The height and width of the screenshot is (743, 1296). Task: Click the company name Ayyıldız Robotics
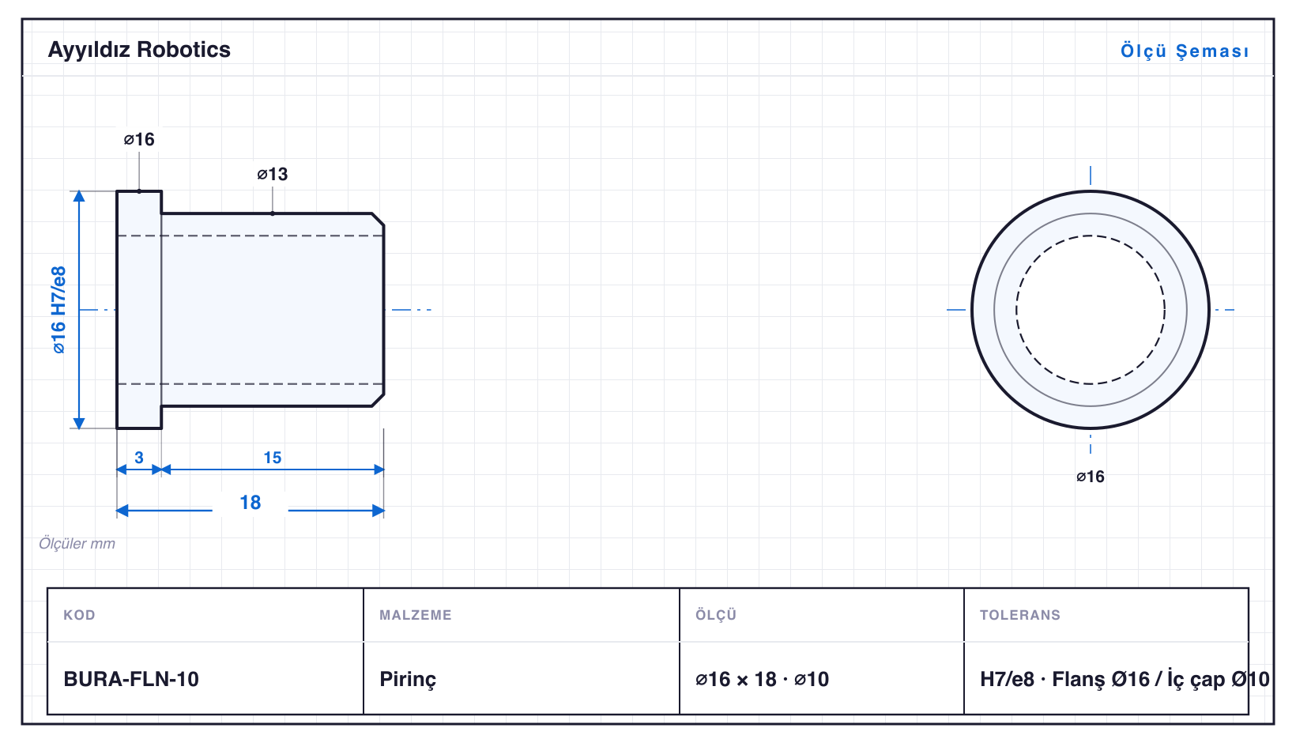pyautogui.click(x=139, y=51)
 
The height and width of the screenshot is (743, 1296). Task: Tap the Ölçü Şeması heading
pyautogui.click(x=1185, y=51)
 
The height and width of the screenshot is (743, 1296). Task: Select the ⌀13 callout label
pyautogui.click(x=273, y=174)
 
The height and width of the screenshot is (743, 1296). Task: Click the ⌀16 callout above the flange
pyautogui.click(x=139, y=139)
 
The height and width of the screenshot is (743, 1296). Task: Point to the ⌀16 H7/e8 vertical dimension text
pyautogui.click(x=58, y=310)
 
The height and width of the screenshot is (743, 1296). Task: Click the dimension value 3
pyautogui.click(x=139, y=458)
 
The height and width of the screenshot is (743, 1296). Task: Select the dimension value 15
pyautogui.click(x=273, y=458)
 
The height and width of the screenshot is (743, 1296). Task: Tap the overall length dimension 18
pyautogui.click(x=251, y=502)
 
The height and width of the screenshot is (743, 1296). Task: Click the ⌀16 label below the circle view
pyautogui.click(x=1091, y=477)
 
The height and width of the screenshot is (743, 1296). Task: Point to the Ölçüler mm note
pyautogui.click(x=77, y=543)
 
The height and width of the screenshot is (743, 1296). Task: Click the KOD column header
pyautogui.click(x=79, y=614)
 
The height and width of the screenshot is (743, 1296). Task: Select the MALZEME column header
pyautogui.click(x=416, y=614)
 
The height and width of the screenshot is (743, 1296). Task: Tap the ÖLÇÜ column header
pyautogui.click(x=716, y=614)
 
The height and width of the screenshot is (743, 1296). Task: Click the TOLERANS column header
pyautogui.click(x=1020, y=614)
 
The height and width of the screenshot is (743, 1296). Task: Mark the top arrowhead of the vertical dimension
pyautogui.click(x=79, y=194)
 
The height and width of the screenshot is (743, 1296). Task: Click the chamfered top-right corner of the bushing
pyautogui.click(x=379, y=219)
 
